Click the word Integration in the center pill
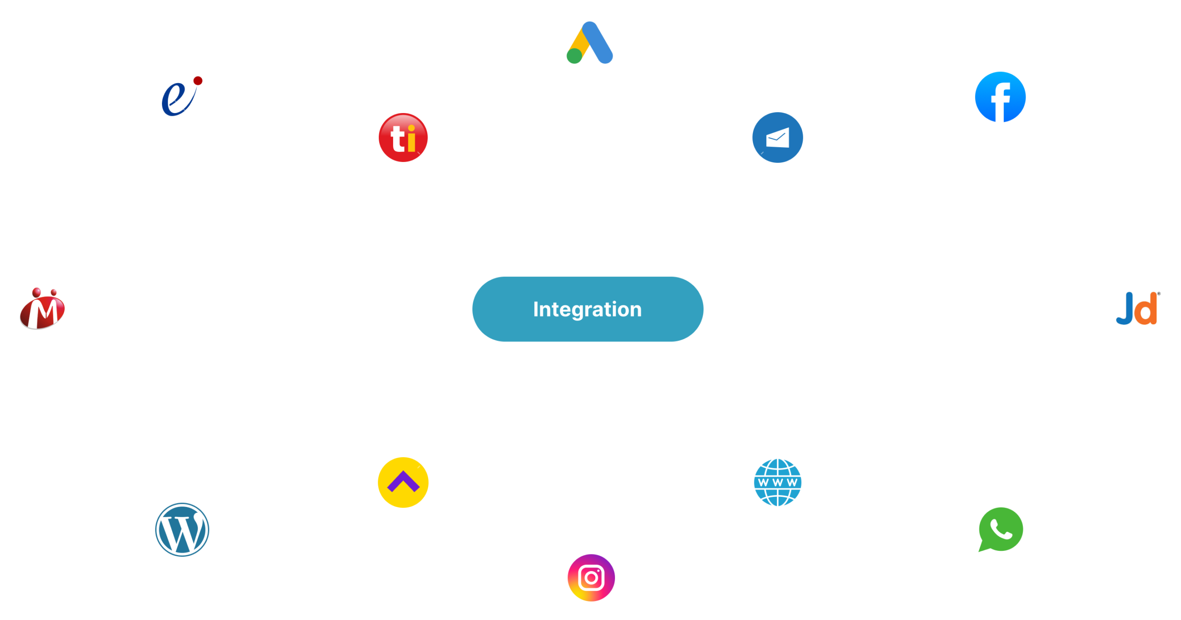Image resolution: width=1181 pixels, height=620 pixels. (587, 309)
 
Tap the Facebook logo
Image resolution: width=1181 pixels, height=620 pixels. (1000, 97)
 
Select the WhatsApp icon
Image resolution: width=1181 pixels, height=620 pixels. (1000, 530)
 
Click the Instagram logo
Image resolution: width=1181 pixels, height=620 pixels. (591, 578)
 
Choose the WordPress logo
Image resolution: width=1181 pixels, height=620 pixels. (182, 529)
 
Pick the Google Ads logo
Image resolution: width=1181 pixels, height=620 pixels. (590, 42)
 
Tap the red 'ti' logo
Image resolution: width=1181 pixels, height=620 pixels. (403, 137)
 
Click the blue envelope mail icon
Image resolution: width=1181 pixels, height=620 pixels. (777, 137)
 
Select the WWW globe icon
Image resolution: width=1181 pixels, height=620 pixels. (777, 483)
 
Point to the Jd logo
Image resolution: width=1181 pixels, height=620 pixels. (1138, 309)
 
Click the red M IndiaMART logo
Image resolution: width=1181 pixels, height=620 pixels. (42, 309)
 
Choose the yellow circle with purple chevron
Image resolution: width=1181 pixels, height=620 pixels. (403, 483)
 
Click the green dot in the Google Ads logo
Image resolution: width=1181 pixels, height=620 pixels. (574, 56)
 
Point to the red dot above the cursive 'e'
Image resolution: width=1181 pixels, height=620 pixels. (198, 81)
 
